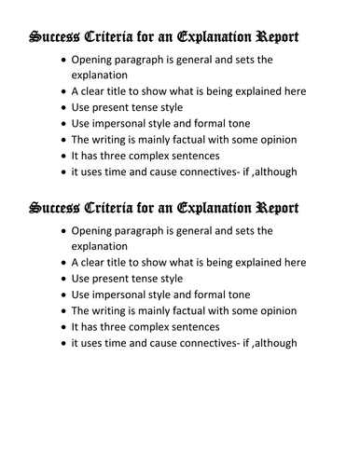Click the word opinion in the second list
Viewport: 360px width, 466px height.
coord(276,310)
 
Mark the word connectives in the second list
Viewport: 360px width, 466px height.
coord(209,342)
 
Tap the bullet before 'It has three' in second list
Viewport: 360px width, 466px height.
coord(62,326)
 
